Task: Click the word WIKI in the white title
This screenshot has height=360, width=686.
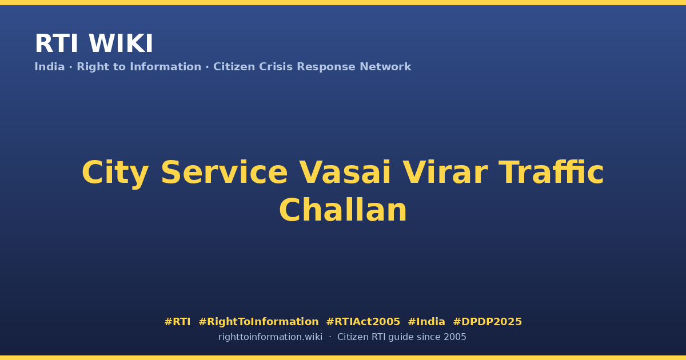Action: pos(121,43)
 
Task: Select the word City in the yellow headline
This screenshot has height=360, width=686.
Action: pos(115,174)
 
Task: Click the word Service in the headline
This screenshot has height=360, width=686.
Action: pos(224,173)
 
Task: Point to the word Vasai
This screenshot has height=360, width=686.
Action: pos(345,173)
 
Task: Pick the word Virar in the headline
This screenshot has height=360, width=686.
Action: pos(445,173)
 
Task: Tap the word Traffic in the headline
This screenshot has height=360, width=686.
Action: pos(551,172)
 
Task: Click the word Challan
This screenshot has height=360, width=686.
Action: pos(343,210)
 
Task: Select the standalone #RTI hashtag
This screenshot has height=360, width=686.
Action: pos(177,322)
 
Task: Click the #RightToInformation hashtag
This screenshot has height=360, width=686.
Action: pos(258,322)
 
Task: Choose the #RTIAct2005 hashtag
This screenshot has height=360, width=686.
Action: pos(363,322)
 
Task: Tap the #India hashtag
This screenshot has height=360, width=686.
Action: pos(426,322)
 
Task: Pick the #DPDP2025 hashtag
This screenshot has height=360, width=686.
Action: pos(487,322)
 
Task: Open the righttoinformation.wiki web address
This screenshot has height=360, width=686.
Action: pos(270,337)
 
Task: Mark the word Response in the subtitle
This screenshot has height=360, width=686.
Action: pos(326,67)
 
